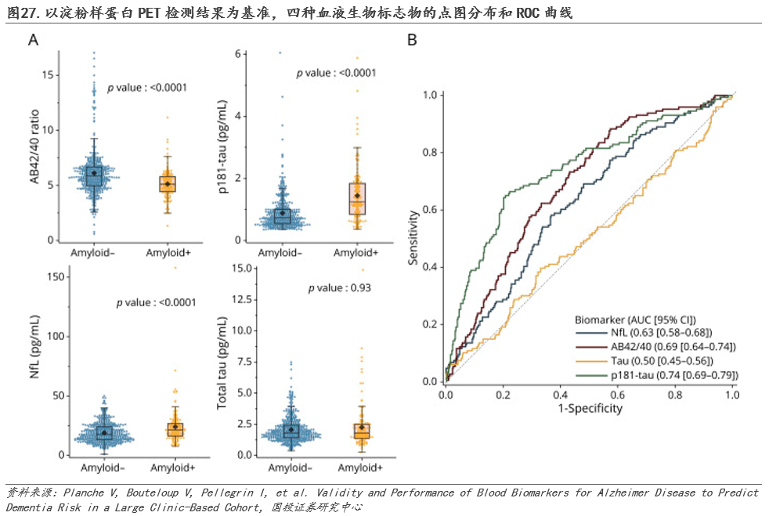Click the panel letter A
34,41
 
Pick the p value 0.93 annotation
339,287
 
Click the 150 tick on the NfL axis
53,276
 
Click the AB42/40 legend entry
656,347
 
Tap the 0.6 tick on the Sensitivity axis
430,210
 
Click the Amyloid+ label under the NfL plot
173,468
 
